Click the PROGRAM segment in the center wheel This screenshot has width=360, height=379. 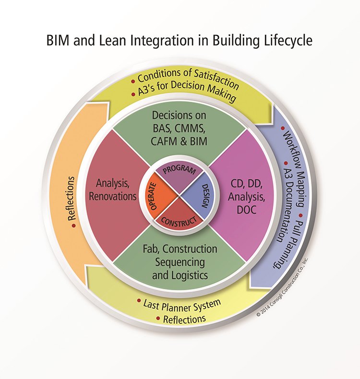tap(179, 170)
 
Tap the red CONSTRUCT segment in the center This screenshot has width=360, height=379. tap(179, 219)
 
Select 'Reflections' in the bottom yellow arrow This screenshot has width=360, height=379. tap(184, 319)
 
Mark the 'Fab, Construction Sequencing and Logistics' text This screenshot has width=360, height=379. tap(179, 262)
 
